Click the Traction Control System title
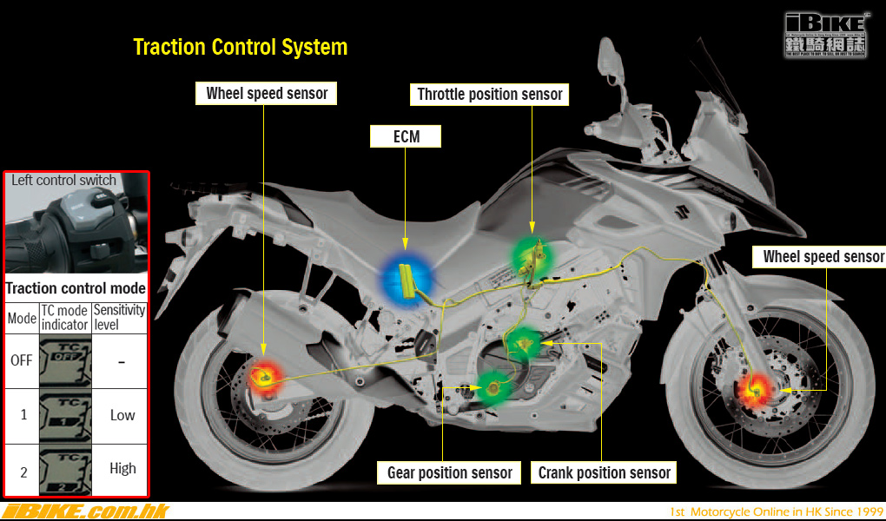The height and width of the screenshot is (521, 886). pos(240,47)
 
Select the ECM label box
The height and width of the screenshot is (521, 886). pos(406,136)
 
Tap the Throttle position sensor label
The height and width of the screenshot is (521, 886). pos(490,95)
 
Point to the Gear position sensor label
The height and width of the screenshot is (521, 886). pos(449,472)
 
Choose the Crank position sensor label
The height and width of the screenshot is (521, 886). pos(605,472)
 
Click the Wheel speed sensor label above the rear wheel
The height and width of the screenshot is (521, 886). pos(267,93)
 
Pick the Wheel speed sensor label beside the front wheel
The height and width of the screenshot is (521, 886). pos(823,256)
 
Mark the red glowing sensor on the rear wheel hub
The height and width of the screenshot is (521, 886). pos(262,377)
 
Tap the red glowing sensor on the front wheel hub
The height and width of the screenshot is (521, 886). pos(753,391)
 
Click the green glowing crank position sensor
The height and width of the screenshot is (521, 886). pos(524,346)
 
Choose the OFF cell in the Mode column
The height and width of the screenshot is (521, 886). pos(22,359)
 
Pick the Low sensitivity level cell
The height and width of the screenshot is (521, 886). pos(122,415)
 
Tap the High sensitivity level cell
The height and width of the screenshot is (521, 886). pos(122,469)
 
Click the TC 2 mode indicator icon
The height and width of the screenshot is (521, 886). pos(64,470)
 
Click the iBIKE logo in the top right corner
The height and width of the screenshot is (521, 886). pos(826,35)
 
